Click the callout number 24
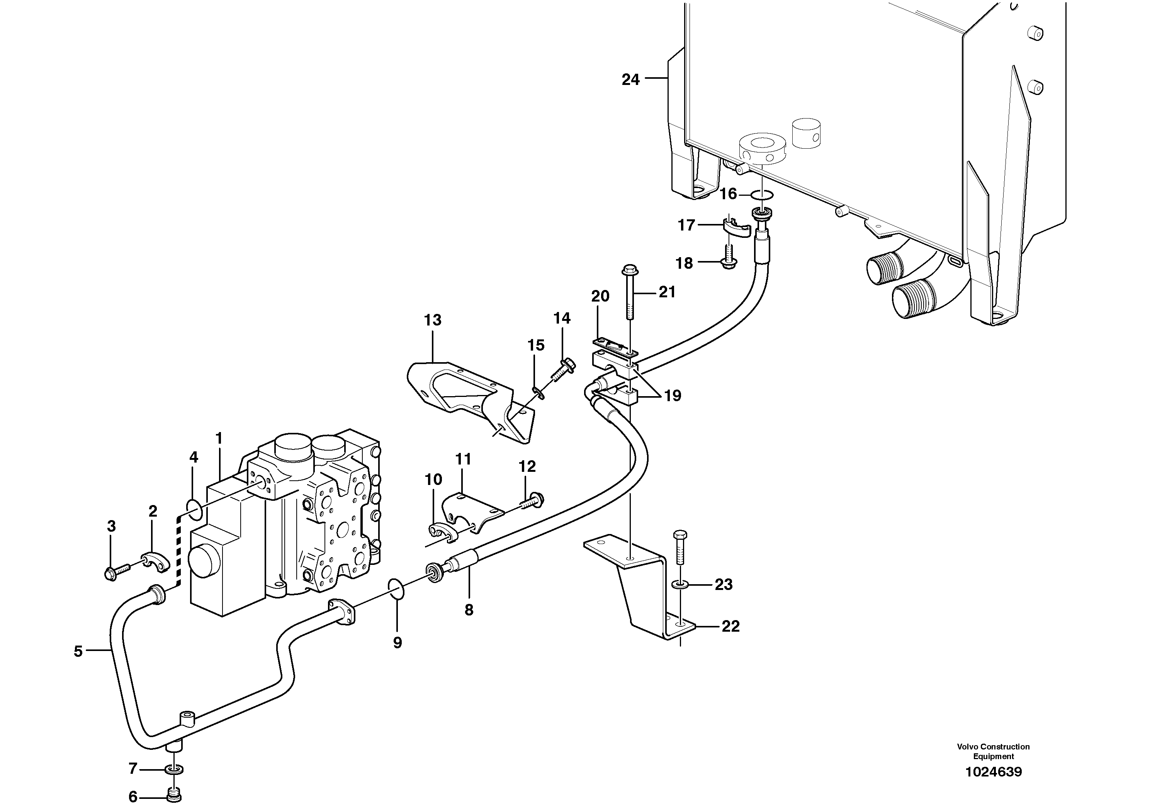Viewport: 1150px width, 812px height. (630, 80)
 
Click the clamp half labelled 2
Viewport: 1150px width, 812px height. (152, 560)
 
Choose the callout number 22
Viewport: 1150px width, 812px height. (730, 626)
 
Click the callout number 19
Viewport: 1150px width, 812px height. (672, 396)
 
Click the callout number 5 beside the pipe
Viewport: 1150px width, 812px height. (78, 651)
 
